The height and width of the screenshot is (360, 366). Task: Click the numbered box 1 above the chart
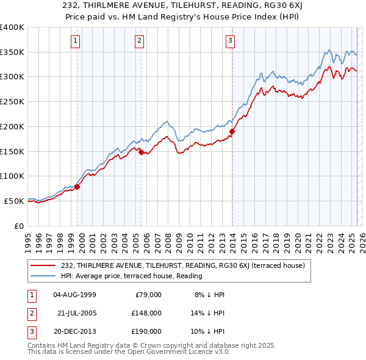point(75,41)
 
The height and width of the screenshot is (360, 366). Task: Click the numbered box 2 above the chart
point(139,41)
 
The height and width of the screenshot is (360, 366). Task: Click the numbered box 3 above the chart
point(231,41)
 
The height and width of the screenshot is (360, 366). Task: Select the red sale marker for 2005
point(142,153)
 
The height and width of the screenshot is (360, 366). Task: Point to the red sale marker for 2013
point(232,131)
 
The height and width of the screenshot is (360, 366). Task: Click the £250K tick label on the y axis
point(12,102)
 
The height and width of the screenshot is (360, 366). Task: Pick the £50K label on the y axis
point(14,201)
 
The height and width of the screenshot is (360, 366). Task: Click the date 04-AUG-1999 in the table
point(74,295)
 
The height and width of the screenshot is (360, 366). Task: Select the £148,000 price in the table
point(146,313)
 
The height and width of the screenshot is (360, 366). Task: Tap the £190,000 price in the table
point(146,331)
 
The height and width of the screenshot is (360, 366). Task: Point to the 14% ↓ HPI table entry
point(208,313)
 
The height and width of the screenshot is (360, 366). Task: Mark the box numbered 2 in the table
point(30,313)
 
